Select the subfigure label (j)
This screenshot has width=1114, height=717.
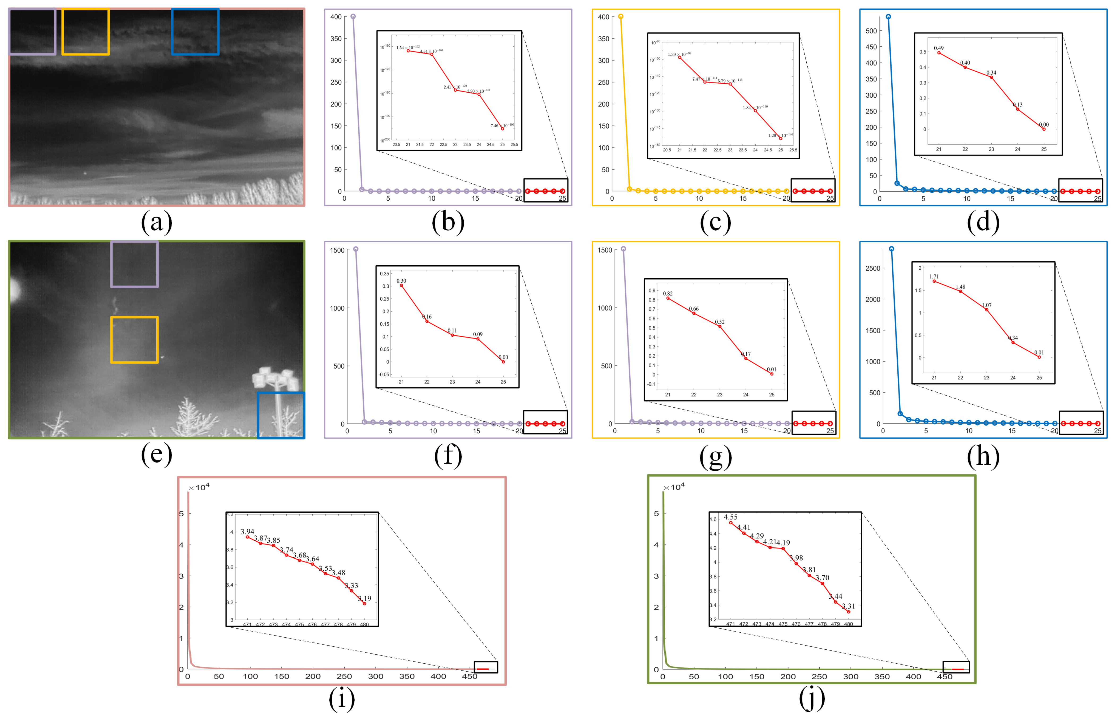[x=812, y=698]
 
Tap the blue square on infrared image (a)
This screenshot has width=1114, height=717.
[x=195, y=32]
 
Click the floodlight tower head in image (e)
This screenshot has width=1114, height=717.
[x=276, y=378]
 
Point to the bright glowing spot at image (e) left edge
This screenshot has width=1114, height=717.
[x=14, y=290]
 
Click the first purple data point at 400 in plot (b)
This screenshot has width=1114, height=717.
[x=353, y=17]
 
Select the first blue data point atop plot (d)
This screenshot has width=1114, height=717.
[x=888, y=17]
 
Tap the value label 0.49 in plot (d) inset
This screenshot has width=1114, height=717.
[x=939, y=48]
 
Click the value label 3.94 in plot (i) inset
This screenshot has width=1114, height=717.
[x=247, y=532]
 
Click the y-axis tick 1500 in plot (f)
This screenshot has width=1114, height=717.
[x=337, y=250]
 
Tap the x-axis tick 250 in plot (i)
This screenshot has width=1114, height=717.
[x=344, y=676]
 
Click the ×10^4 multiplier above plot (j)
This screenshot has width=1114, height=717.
[x=674, y=487]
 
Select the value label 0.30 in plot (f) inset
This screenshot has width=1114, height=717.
[x=401, y=281]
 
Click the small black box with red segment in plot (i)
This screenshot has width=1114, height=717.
[x=486, y=667]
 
